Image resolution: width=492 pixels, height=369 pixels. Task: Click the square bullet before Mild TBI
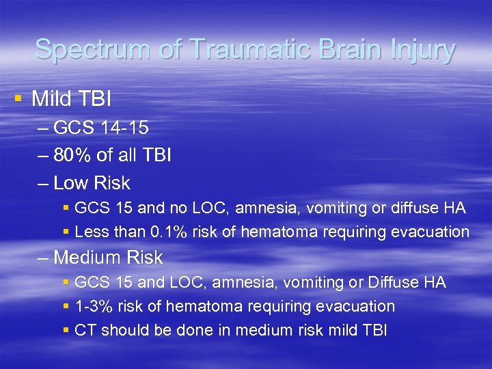click(18, 98)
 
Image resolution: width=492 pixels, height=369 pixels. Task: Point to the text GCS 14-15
click(100, 128)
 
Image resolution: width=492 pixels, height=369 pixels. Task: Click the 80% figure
click(71, 155)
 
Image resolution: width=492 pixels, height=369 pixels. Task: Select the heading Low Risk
click(92, 183)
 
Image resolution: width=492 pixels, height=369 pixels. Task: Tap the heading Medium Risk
click(108, 258)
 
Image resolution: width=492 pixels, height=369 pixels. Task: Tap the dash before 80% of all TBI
click(44, 156)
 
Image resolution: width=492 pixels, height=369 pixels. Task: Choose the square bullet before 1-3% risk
click(66, 307)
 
